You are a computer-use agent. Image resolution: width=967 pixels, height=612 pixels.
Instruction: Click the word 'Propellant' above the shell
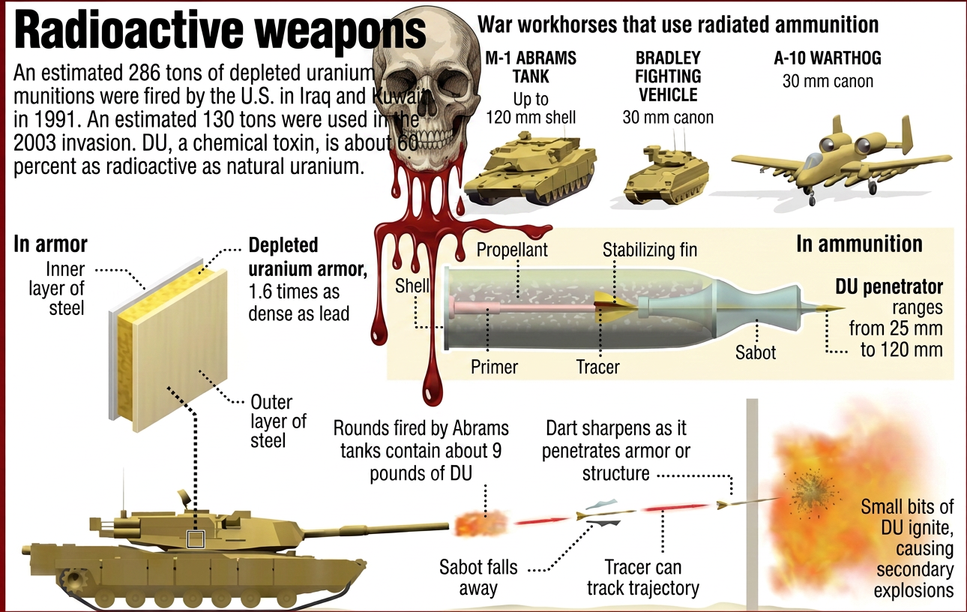point(512,250)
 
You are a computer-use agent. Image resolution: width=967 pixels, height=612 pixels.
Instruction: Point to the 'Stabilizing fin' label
point(650,250)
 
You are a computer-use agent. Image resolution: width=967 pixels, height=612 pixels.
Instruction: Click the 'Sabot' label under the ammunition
point(756,352)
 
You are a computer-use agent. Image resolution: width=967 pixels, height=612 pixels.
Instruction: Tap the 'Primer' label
point(494,367)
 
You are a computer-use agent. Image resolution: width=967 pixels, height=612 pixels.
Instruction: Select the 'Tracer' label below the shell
point(598,367)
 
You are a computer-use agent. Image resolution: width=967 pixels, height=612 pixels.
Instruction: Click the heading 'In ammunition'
point(859,244)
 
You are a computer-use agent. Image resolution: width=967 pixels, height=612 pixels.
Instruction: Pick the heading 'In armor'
point(50,244)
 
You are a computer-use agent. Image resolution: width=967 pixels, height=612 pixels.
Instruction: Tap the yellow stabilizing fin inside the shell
point(614,307)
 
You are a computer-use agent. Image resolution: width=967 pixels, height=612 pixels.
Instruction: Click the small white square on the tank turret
point(196,539)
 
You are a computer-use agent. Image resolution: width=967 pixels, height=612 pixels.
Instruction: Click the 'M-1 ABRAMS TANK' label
point(531,67)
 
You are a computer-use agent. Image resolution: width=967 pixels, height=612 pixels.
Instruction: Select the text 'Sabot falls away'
point(478,577)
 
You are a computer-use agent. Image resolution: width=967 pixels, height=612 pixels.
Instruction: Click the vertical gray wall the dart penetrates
point(752,502)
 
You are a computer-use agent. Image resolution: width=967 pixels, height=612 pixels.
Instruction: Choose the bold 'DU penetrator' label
point(889,286)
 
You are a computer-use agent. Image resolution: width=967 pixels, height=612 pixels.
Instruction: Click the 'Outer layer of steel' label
point(278,421)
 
